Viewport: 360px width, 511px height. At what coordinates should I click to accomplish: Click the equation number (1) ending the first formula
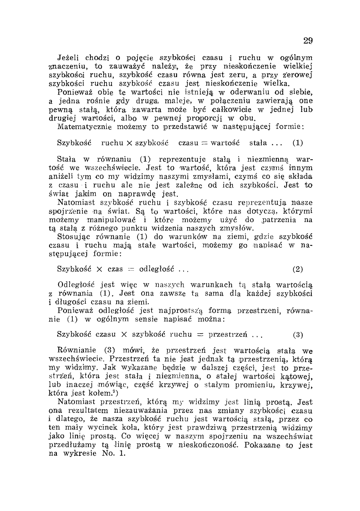pyautogui.click(x=297, y=143)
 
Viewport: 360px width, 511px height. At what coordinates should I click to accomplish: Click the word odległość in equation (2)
pyautogui.click(x=157, y=269)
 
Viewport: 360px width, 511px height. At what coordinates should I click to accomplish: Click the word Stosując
pyautogui.click(x=72, y=237)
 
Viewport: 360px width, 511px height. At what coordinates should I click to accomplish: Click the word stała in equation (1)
pyautogui.click(x=258, y=143)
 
